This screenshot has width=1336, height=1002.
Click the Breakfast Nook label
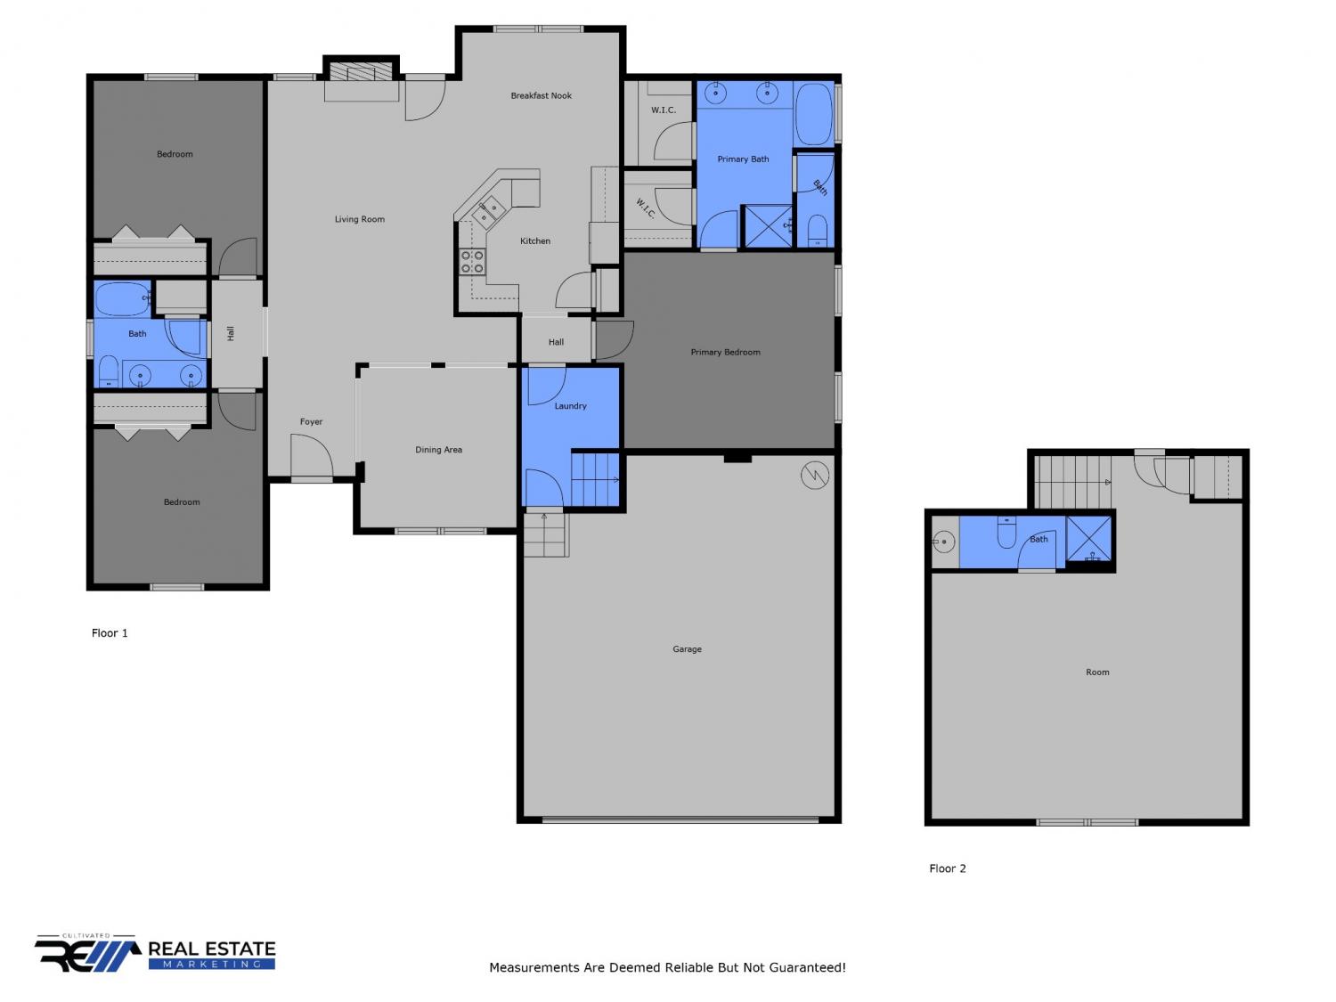pyautogui.click(x=541, y=95)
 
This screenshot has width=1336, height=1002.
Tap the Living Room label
pyautogui.click(x=359, y=219)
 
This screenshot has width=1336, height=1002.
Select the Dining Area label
pyautogui.click(x=438, y=450)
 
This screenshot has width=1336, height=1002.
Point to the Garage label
pyautogui.click(x=687, y=649)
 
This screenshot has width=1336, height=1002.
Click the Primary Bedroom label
pyautogui.click(x=725, y=352)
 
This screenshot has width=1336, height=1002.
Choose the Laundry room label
pyautogui.click(x=570, y=406)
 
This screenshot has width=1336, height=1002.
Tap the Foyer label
pyautogui.click(x=311, y=421)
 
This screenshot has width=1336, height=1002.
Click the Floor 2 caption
pyautogui.click(x=947, y=868)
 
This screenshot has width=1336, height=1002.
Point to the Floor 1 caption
pyautogui.click(x=110, y=632)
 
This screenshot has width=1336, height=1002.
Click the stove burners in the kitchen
pyautogui.click(x=472, y=262)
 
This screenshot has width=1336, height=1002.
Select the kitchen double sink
pyautogui.click(x=487, y=211)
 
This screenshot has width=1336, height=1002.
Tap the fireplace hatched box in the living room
pyautogui.click(x=361, y=71)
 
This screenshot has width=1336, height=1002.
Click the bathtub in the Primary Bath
pyautogui.click(x=814, y=114)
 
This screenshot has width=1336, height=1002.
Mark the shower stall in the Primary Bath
pyautogui.click(x=769, y=226)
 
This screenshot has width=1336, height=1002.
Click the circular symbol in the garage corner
pyautogui.click(x=814, y=475)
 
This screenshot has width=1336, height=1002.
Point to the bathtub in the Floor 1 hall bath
pyautogui.click(x=122, y=299)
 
